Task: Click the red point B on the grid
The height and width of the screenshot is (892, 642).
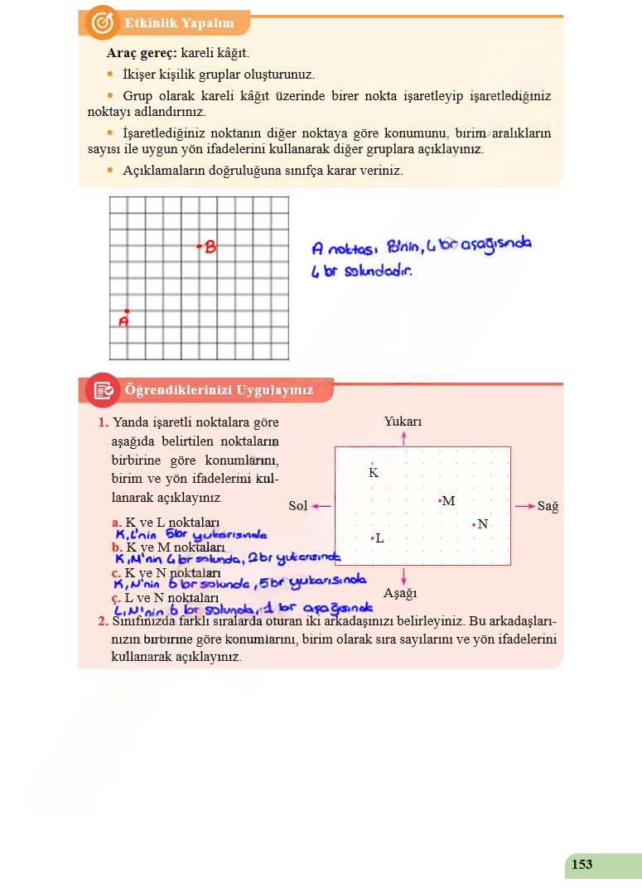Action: [199, 246]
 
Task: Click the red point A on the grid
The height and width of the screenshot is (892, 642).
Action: [127, 311]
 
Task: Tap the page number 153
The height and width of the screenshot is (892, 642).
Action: [582, 865]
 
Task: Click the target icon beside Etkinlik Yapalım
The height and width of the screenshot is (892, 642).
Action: [102, 22]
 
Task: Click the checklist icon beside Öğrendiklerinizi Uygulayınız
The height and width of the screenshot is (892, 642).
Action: [104, 390]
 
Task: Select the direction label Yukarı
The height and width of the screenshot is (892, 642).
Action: [403, 422]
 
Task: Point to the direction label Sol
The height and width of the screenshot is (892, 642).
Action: [298, 506]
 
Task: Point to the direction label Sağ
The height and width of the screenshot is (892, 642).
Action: [548, 506]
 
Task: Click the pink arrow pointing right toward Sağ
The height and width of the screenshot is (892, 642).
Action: [524, 505]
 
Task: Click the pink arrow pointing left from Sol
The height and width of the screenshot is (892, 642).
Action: [322, 505]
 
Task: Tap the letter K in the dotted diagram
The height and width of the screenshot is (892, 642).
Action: [373, 472]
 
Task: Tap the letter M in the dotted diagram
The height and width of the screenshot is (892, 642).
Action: [449, 501]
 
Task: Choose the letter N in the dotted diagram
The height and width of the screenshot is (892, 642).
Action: [482, 524]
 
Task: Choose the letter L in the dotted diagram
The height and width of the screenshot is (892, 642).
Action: [379, 538]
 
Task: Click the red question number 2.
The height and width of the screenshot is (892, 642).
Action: [102, 621]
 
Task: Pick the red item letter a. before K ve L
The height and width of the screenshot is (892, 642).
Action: [117, 523]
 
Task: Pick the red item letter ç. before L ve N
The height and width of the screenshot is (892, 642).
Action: [117, 597]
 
